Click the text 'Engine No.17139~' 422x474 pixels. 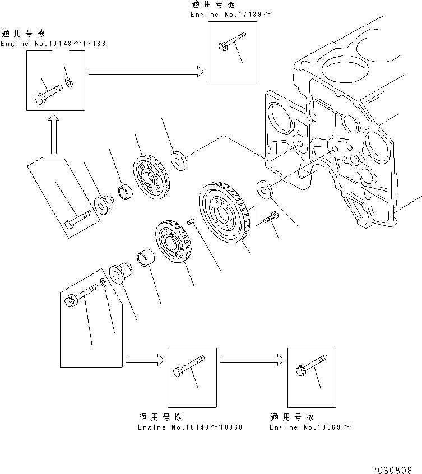click(231, 14)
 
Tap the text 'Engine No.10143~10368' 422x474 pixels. click(190, 427)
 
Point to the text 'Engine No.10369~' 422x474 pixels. click(311, 427)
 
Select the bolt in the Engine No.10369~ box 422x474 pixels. click(309, 369)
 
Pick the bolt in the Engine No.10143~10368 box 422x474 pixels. click(188, 369)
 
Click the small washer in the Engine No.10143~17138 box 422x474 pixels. click(68, 83)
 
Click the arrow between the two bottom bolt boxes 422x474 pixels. click(250, 360)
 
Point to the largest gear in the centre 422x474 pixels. click(222, 213)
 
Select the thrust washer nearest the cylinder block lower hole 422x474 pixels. click(263, 189)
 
